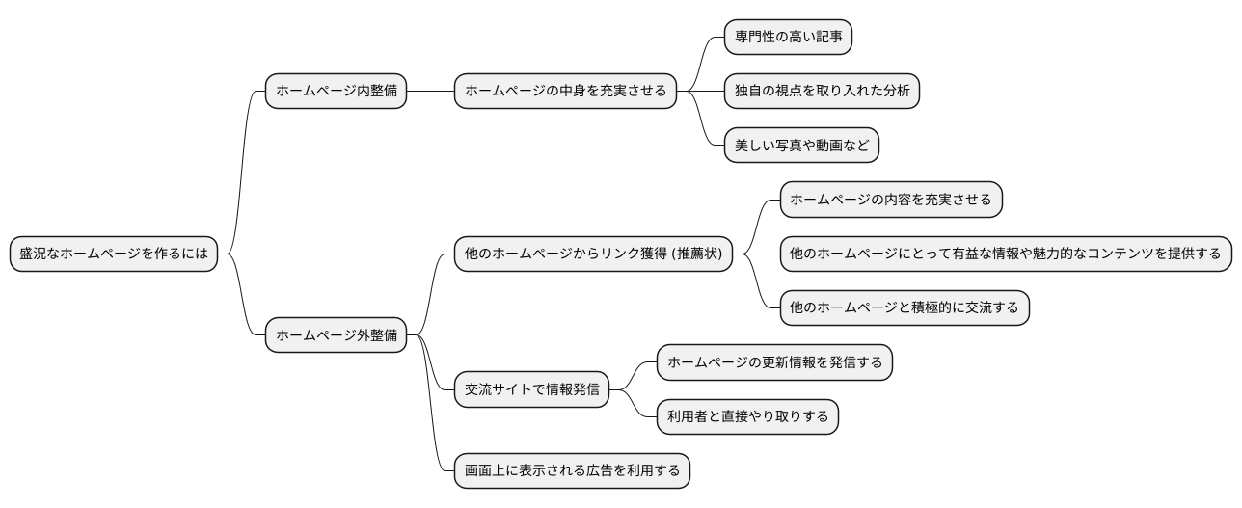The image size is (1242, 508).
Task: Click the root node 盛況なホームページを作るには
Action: tap(114, 254)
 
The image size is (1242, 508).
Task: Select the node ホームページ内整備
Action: tap(336, 92)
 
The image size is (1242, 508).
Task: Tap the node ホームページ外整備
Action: tap(336, 335)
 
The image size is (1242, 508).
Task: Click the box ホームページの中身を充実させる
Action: tap(565, 92)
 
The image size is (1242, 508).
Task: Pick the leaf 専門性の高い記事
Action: tap(788, 37)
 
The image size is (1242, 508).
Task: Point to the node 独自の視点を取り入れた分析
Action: tap(822, 92)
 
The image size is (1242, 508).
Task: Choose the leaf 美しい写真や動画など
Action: tap(801, 146)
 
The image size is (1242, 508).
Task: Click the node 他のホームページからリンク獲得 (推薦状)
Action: tap(593, 254)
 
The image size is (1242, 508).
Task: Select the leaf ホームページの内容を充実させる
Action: tap(891, 200)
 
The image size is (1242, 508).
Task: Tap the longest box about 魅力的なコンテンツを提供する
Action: tap(1006, 254)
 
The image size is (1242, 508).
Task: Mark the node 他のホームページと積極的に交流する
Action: tap(904, 308)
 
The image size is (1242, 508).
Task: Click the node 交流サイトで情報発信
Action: tap(531, 389)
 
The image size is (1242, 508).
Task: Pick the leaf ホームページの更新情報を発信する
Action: tap(774, 363)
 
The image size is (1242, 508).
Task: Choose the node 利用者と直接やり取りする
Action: tap(747, 417)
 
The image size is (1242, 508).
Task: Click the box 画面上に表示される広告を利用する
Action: tap(572, 471)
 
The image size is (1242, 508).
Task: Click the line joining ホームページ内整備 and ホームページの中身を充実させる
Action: tap(430, 92)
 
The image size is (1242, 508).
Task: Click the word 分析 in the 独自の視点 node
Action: tap(895, 92)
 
